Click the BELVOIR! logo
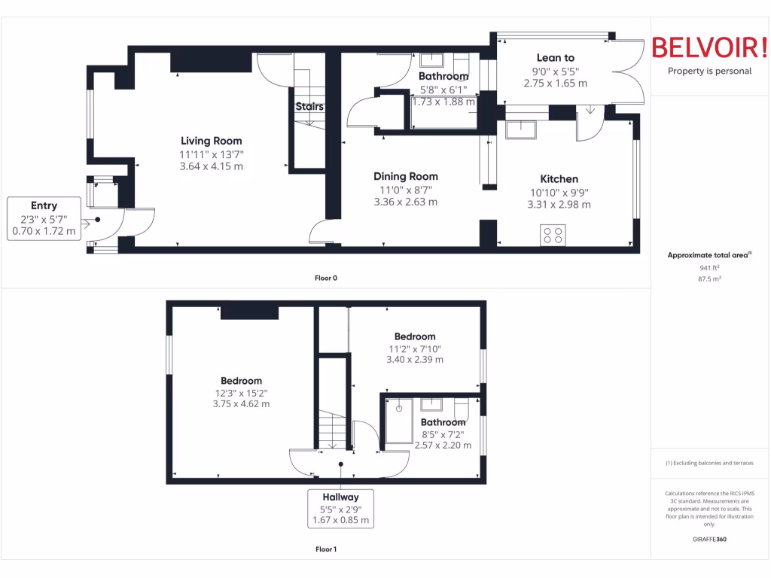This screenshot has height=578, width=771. click(709, 47)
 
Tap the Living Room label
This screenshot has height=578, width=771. click(211, 141)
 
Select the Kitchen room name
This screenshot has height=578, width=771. click(559, 179)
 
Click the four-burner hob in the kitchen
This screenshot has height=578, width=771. click(553, 235)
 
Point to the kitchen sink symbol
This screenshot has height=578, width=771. click(520, 130)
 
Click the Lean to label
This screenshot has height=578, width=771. click(555, 57)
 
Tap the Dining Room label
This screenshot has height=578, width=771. click(405, 177)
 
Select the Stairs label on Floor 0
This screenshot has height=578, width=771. click(309, 107)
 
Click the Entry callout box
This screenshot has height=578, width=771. click(44, 218)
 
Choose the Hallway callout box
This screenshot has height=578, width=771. click(340, 508)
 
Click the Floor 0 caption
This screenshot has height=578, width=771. click(325, 278)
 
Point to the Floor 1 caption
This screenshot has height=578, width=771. click(325, 549)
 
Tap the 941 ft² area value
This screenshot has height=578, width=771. click(709, 267)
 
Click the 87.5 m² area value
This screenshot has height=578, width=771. click(709, 278)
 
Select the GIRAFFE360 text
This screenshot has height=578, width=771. click(709, 539)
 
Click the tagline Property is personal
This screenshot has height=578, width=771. click(709, 71)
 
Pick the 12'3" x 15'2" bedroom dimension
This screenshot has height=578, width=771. click(241, 393)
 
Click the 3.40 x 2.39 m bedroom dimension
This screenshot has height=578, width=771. click(414, 360)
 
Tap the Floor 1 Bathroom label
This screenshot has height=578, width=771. click(443, 422)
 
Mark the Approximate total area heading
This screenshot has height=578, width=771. click(709, 255)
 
